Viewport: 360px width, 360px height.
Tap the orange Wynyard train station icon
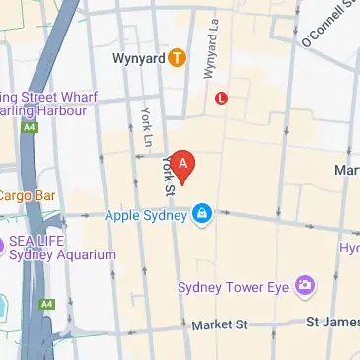pos(177,57)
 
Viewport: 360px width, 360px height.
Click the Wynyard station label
pos(139,57)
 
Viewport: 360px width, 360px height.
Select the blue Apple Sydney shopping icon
pos(202,213)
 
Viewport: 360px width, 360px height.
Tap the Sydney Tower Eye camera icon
pos(306,287)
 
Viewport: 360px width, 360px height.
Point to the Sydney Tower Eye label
pos(235,287)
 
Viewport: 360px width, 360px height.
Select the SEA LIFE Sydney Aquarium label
pos(62,247)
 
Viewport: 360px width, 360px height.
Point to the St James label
pos(330,323)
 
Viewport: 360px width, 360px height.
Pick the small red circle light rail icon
pos(221,99)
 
